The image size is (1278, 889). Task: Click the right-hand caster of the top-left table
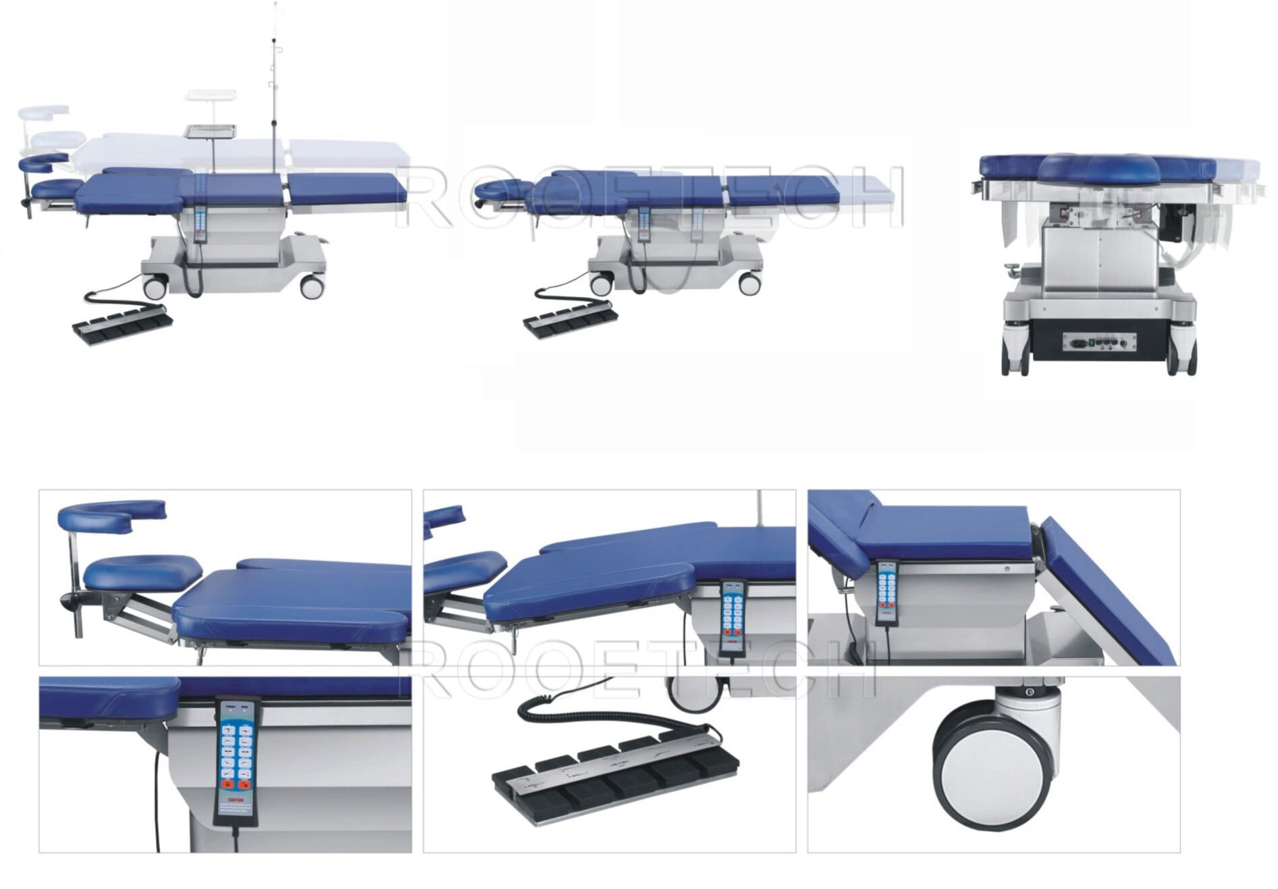311,288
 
